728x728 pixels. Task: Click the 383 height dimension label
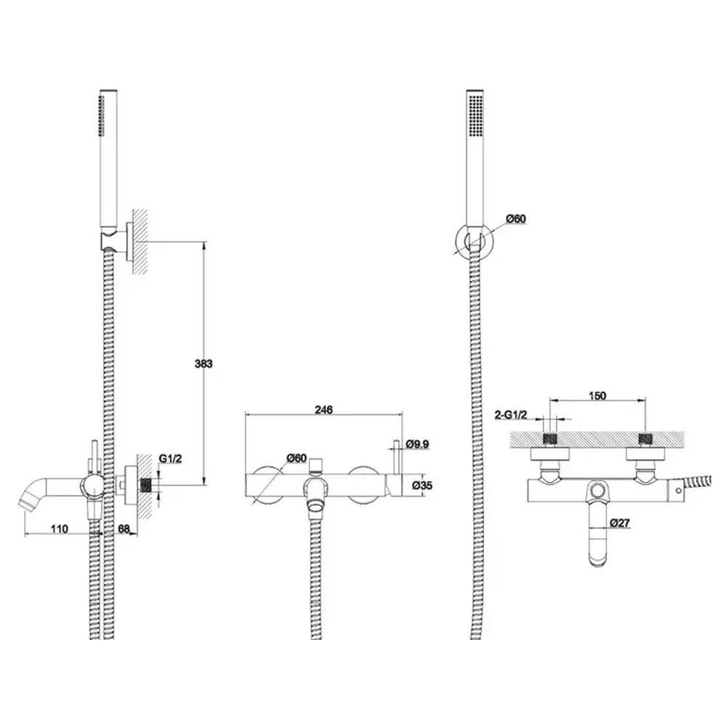pos(203,363)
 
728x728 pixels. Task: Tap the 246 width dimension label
pos(324,409)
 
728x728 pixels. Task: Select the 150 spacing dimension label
pos(598,395)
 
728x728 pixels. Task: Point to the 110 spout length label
pos(60,529)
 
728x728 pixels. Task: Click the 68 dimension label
pos(124,529)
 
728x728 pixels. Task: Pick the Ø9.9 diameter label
pos(417,444)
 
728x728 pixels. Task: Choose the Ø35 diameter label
pos(422,485)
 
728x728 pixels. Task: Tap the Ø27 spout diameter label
pos(620,523)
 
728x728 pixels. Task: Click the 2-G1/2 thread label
pos(511,415)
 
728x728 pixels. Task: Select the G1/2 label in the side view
pos(170,459)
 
